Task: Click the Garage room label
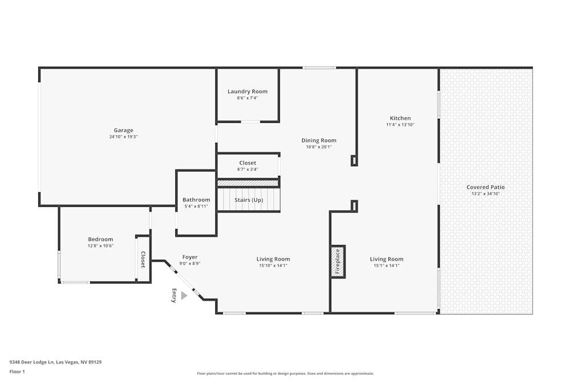(x=123, y=130)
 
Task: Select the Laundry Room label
(x=247, y=91)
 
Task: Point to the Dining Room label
(x=319, y=141)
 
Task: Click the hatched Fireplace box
(x=337, y=262)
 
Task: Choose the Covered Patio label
(x=485, y=187)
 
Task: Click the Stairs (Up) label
(x=248, y=200)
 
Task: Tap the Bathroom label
(x=196, y=200)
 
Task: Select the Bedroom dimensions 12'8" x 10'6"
(x=100, y=246)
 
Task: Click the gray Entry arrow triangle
(x=184, y=295)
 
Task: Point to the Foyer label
(x=190, y=257)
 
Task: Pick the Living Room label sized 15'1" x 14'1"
(x=387, y=266)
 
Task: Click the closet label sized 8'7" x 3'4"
(x=248, y=169)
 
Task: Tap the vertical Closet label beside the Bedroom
(x=143, y=260)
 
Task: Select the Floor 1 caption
(x=18, y=371)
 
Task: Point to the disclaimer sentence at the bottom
(x=285, y=374)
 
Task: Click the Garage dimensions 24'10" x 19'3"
(x=123, y=137)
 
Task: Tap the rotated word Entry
(x=174, y=296)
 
